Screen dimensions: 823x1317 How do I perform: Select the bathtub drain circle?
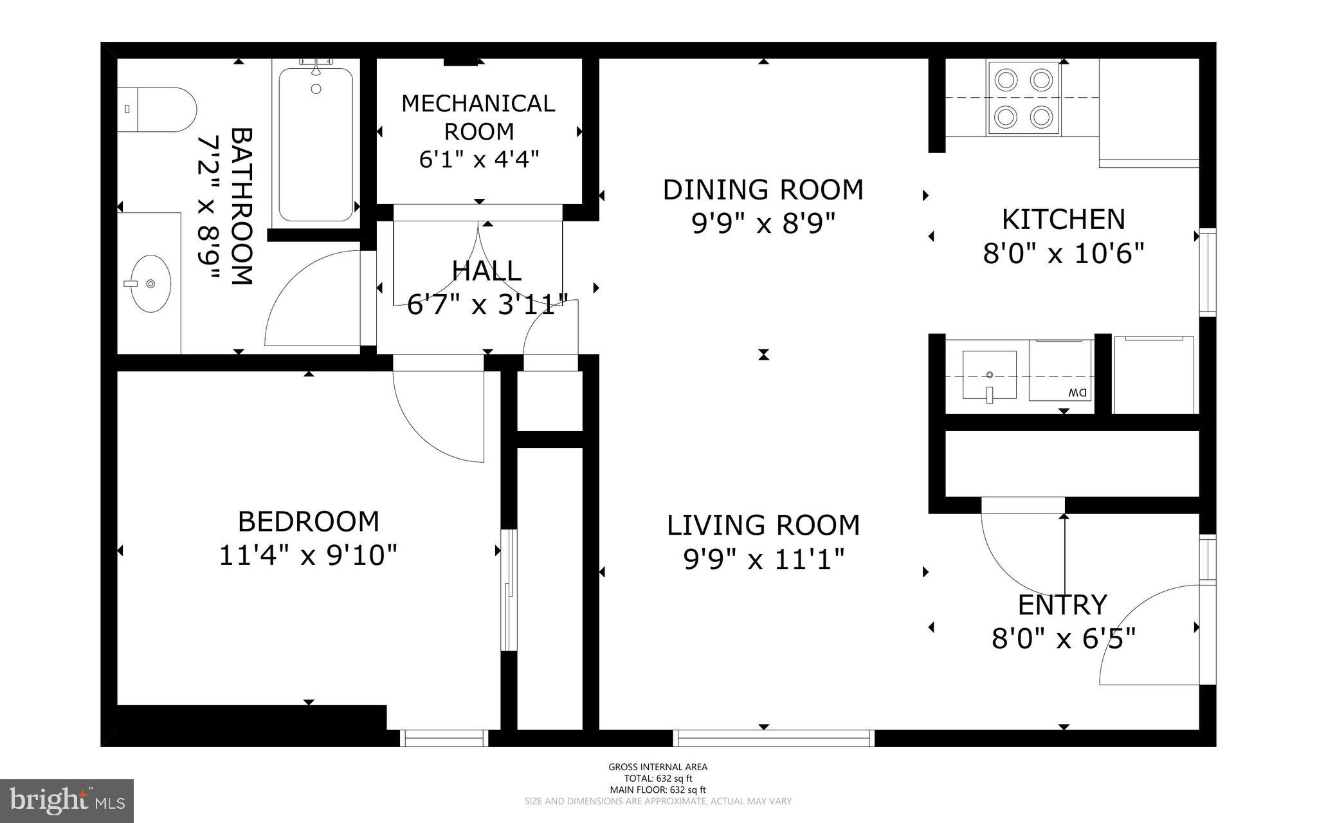(316, 89)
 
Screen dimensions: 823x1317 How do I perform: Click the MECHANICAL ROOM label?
(478, 117)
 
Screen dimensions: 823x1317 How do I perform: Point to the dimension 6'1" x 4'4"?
(478, 159)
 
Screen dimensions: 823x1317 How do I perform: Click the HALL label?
(486, 271)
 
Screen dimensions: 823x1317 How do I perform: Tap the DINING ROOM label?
(763, 190)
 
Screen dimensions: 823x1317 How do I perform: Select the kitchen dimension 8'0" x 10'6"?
(1064, 254)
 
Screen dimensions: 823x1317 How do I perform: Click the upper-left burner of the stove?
(1005, 80)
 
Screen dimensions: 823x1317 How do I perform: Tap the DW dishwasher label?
(1077, 392)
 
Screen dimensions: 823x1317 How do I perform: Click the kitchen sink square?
(989, 375)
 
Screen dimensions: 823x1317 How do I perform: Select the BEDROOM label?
(309, 521)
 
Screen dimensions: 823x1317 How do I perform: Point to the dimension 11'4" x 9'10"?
(309, 555)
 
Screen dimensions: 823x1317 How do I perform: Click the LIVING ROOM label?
(763, 525)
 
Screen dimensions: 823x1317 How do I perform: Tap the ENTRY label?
(1062, 605)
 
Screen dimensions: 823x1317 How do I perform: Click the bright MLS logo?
(67, 800)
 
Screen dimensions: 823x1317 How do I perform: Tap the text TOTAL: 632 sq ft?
(658, 778)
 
